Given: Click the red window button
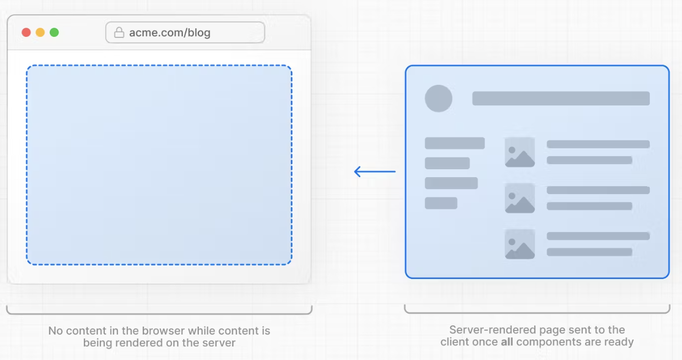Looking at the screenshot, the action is point(26,32).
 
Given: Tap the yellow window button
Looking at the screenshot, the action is point(40,32).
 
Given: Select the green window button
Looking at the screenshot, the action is point(54,32).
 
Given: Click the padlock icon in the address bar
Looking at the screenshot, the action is point(119,32).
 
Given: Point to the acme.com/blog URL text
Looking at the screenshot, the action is point(169,32).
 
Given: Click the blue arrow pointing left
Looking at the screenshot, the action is point(374,172).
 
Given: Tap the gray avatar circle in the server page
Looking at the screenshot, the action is point(438,98).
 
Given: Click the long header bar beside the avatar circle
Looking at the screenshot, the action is point(561,98).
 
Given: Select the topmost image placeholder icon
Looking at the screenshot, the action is point(520,152).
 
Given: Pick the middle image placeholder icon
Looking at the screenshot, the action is point(520,198).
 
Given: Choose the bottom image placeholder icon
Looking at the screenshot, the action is point(520,244).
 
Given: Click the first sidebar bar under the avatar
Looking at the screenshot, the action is point(454,143).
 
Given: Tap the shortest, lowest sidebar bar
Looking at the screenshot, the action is point(441,203).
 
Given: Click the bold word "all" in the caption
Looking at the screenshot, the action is point(507,342).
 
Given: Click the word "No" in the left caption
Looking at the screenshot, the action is point(55,331).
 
